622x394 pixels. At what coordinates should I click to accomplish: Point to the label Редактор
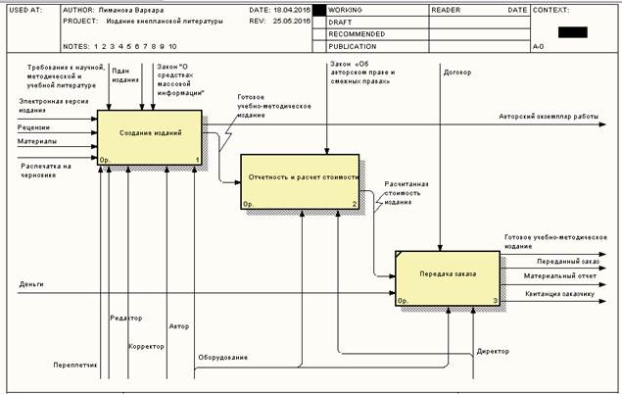[x=126, y=318]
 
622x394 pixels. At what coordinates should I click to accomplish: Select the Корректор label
[x=147, y=346]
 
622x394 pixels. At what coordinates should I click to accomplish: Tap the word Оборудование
[x=222, y=357]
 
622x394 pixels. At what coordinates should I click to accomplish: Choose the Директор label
[x=493, y=350]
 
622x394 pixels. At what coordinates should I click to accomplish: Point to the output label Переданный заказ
[x=567, y=262]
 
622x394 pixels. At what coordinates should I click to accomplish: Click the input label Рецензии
[x=34, y=127]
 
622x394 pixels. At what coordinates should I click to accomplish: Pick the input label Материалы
[x=37, y=141]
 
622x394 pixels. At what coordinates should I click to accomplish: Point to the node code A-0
[x=538, y=46]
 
